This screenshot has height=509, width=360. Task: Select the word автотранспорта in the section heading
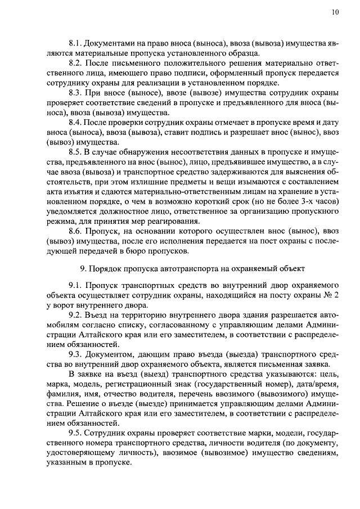coord(199,267)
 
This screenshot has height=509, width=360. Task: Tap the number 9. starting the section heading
coord(84,267)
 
